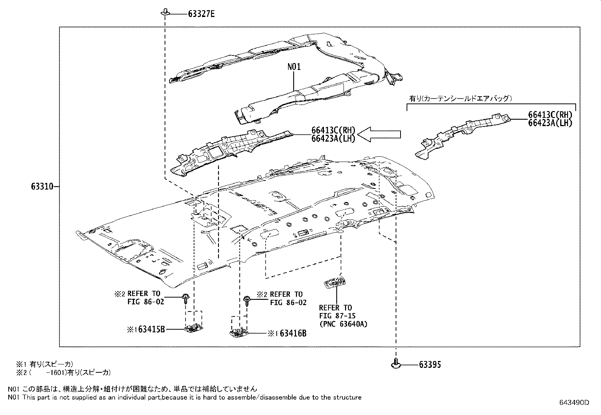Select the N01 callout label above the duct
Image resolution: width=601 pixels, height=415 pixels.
[294, 67]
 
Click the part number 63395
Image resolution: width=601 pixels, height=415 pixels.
[430, 365]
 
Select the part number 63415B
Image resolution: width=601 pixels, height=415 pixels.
[151, 329]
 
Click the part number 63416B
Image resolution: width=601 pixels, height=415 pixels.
[293, 333]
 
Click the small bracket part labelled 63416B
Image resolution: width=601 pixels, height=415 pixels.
[239, 332]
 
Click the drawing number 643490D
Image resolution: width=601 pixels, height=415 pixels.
[574, 403]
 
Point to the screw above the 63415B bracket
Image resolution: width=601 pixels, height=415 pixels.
[186, 298]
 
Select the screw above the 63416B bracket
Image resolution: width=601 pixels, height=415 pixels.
[247, 300]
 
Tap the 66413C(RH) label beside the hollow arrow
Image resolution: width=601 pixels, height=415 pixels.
[333, 130]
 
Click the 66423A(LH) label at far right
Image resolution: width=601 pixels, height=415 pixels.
[550, 123]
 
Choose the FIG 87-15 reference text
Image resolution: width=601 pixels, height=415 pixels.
[337, 316]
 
